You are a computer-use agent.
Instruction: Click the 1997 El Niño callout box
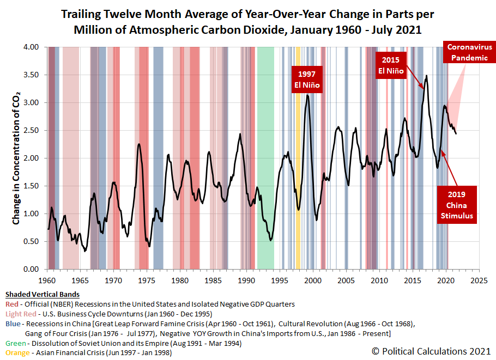(x=307, y=80)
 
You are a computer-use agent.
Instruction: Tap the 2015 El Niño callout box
(x=391, y=65)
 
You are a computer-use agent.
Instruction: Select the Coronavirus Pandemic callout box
(x=469, y=52)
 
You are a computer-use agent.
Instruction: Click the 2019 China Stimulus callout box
(x=456, y=205)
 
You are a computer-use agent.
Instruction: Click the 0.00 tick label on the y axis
(x=31, y=269)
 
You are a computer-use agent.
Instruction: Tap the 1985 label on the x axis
(x=213, y=280)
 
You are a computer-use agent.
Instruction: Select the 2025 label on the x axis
(x=479, y=280)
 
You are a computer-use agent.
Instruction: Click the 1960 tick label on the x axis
(x=47, y=280)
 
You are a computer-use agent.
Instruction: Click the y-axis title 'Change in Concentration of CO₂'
(x=16, y=158)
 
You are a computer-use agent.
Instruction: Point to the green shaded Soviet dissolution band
(x=265, y=158)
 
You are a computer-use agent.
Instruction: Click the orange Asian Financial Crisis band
(x=298, y=158)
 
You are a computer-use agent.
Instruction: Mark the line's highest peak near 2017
(x=426, y=76)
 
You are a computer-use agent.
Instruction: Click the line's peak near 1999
(x=307, y=95)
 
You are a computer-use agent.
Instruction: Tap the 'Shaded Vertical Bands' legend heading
(x=43, y=295)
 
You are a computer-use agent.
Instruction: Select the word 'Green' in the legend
(x=15, y=343)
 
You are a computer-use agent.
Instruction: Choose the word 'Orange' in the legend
(x=17, y=353)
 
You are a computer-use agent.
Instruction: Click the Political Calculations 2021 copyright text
(x=431, y=351)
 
